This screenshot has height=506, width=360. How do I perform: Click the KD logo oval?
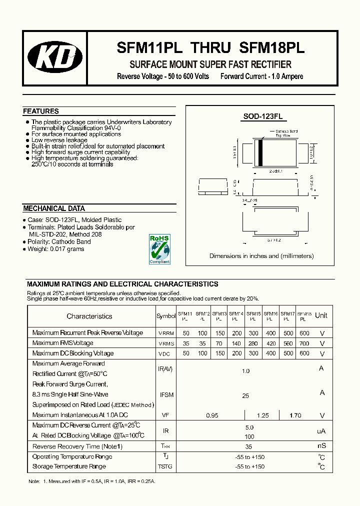coord(55,58)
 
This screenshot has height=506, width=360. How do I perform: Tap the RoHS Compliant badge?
coord(159,249)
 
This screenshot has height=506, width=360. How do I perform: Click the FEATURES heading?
coord(41,111)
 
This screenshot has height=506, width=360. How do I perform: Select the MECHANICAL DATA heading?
coord(54,208)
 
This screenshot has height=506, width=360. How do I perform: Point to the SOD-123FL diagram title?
coord(263,116)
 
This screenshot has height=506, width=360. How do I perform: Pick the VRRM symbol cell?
coord(166,333)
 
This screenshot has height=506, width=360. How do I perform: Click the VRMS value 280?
coord(253,343)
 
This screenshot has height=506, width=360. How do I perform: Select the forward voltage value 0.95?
coord(212,415)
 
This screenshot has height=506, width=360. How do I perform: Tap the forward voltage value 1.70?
coord(295,415)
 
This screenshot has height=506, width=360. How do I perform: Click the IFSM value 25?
coord(245,395)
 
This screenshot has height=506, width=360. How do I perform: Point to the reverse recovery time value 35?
coord(248,446)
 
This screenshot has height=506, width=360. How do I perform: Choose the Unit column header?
coord(321,315)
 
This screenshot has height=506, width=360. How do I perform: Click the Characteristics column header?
coord(89,316)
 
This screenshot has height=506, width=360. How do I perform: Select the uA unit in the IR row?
coord(321,430)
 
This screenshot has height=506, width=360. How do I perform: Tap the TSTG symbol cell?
coord(165,466)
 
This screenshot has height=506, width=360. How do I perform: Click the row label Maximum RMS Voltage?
coord(62,343)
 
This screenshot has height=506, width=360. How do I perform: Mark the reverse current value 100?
coord(249,436)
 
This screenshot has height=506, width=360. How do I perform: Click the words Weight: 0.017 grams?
coord(56,249)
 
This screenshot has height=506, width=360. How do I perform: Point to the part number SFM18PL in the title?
coord(272,48)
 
